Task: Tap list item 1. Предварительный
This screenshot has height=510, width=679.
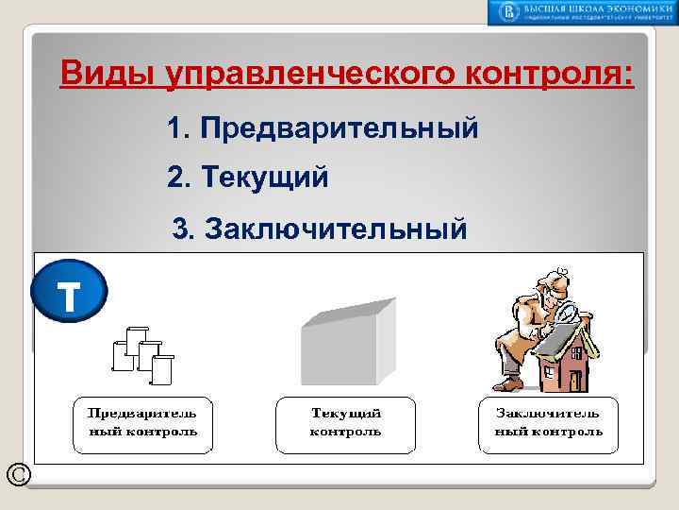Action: click(x=322, y=128)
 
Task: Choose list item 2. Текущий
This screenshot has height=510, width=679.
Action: click(x=247, y=177)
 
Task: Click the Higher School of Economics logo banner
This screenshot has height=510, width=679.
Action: click(x=581, y=12)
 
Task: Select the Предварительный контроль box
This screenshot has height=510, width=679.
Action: click(x=142, y=425)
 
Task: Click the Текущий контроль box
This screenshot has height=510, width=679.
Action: click(x=345, y=425)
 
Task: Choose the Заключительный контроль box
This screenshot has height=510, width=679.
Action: click(x=549, y=425)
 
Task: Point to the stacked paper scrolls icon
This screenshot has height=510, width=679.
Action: click(x=144, y=354)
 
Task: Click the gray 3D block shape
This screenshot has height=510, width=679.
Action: click(x=346, y=340)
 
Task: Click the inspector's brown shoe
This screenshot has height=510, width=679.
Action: click(x=508, y=383)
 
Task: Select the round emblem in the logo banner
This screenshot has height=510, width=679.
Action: click(x=509, y=12)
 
